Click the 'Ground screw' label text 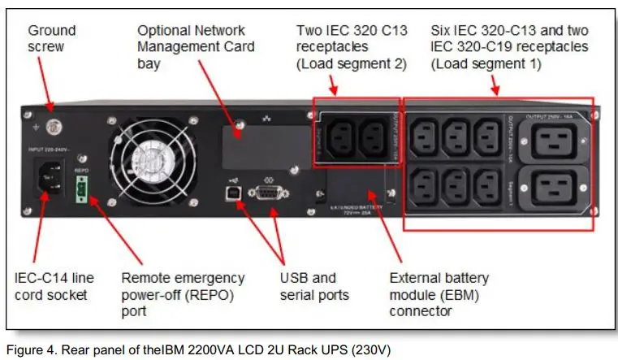point(52,38)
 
